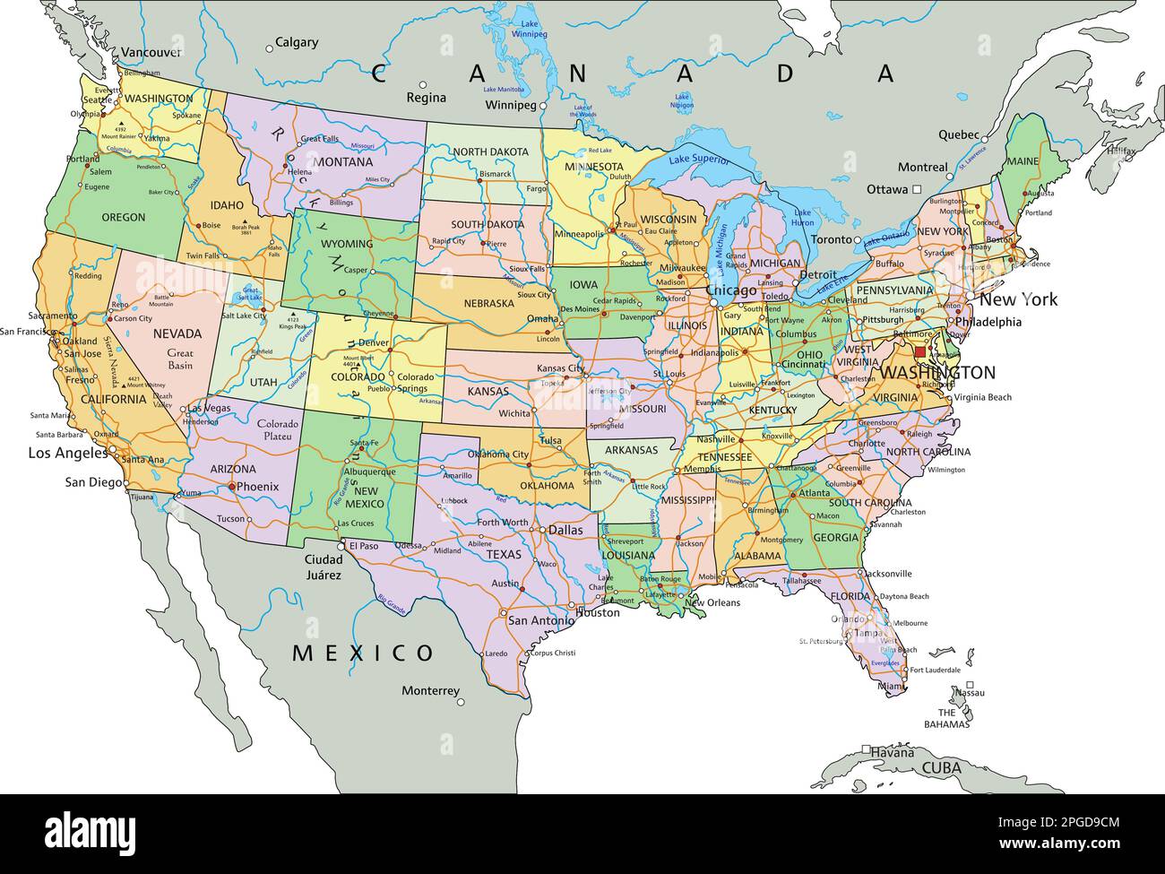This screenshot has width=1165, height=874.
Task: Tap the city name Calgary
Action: (297, 42)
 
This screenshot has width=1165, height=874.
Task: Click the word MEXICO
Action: (363, 652)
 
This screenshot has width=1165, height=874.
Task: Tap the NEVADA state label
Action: (177, 333)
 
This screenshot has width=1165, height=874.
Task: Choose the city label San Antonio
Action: (540, 620)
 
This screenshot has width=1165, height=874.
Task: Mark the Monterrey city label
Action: (430, 691)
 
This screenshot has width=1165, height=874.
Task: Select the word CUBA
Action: (942, 768)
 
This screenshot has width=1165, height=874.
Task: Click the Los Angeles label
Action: (67, 453)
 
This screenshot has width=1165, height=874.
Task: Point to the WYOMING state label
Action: (346, 244)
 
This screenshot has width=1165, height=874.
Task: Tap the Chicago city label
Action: (732, 291)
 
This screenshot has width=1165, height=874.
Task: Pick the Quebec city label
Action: (958, 134)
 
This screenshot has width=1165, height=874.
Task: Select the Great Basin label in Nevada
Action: (180, 359)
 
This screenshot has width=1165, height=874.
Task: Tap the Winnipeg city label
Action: (510, 105)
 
